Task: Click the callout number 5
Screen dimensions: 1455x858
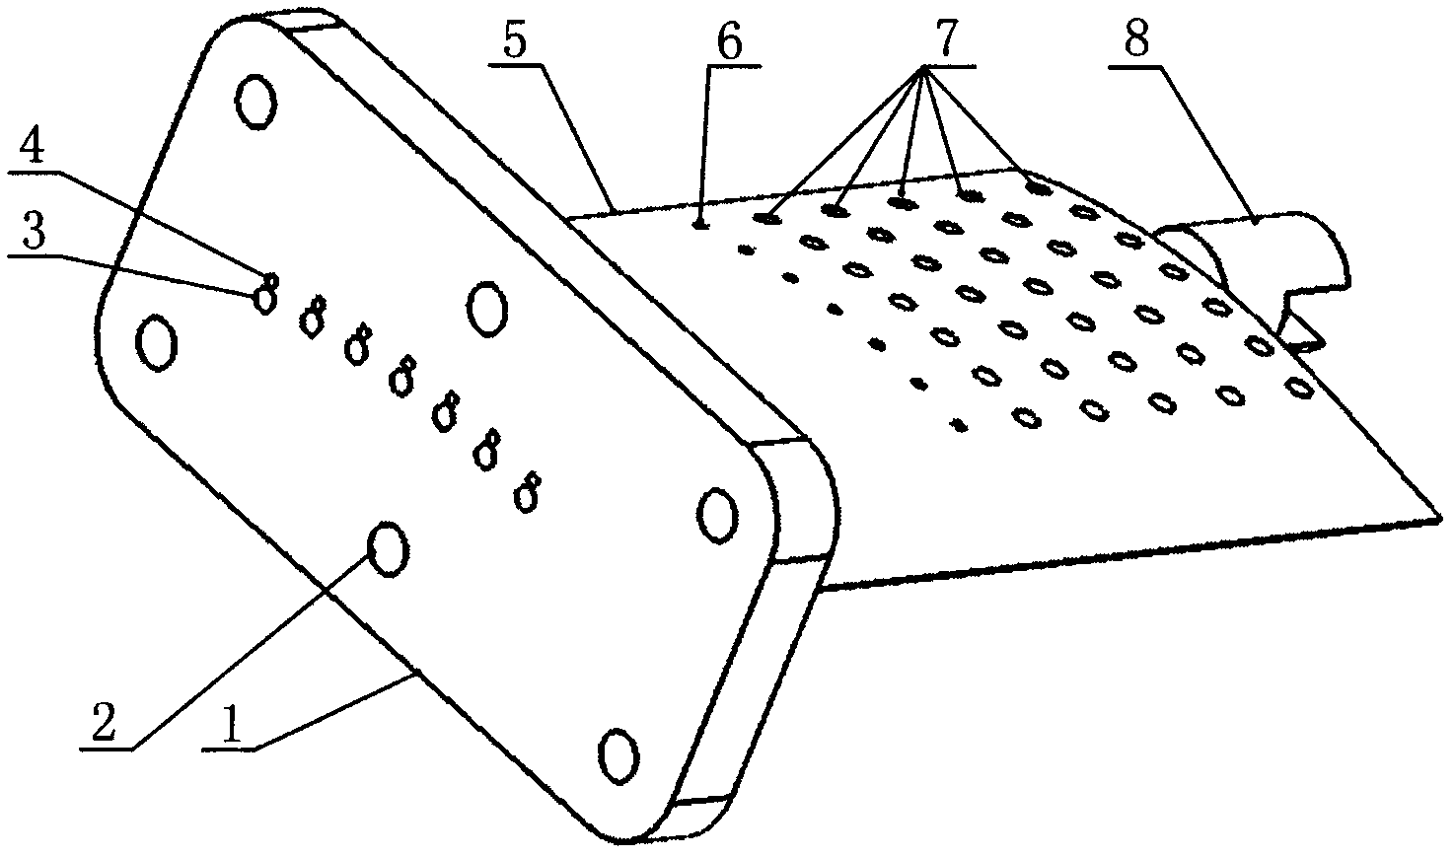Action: pyautogui.click(x=515, y=40)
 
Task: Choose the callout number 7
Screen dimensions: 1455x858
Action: pyautogui.click(x=945, y=39)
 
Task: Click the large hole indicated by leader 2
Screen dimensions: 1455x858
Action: pyautogui.click(x=388, y=549)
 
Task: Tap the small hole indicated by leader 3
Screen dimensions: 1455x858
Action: pyautogui.click(x=265, y=301)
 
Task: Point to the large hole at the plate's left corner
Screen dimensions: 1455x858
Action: pyautogui.click(x=157, y=343)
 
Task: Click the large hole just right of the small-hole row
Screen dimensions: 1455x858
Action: pyautogui.click(x=487, y=309)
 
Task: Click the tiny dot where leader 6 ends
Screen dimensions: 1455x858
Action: pyautogui.click(x=700, y=226)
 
